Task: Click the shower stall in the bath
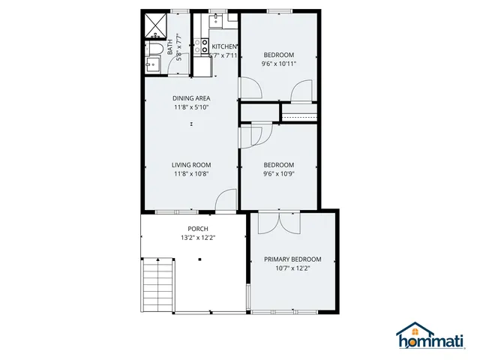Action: point(156,25)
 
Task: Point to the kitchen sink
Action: point(216,21)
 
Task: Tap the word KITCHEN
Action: point(224,46)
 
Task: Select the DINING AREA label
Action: point(191,98)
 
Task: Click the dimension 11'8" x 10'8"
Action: point(191,174)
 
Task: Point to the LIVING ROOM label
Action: point(191,165)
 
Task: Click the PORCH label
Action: point(198,229)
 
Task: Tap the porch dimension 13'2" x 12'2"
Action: point(198,238)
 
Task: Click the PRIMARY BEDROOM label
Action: point(292,259)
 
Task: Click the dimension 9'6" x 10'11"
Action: point(278,64)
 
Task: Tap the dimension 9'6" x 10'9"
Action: point(278,174)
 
